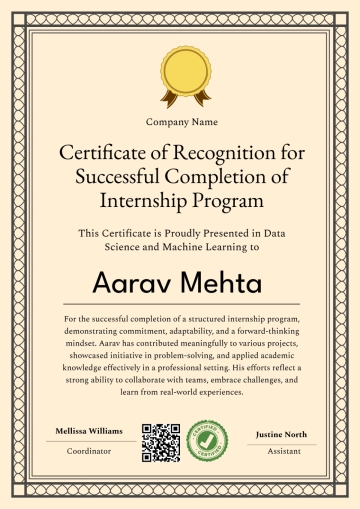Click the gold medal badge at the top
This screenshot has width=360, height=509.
(181, 72)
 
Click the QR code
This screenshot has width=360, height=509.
(159, 443)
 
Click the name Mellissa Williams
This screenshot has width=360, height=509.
(89, 431)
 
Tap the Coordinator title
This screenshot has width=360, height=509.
(89, 450)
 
